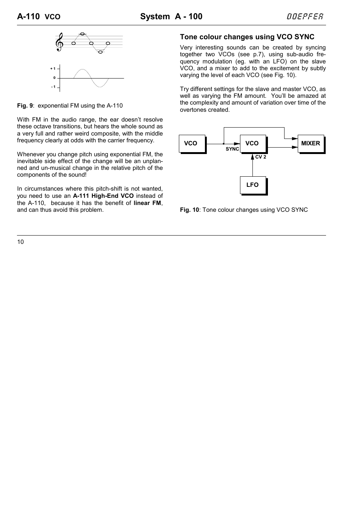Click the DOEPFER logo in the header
(x=305, y=16)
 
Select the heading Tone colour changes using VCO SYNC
(x=247, y=37)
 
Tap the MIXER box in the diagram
(x=311, y=143)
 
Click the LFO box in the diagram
(x=252, y=185)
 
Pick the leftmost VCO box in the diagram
(x=192, y=143)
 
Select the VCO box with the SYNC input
(x=252, y=143)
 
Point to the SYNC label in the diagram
(x=232, y=149)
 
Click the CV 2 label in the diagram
(x=261, y=157)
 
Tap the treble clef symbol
(x=60, y=42)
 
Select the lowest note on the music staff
(x=100, y=52)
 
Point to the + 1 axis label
(x=53, y=69)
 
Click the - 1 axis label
(x=53, y=87)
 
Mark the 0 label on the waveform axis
(x=54, y=78)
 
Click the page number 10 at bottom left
(x=20, y=242)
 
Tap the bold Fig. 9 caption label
(x=25, y=106)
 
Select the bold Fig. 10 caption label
(x=189, y=210)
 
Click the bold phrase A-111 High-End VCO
(x=103, y=196)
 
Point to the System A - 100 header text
(x=171, y=17)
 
